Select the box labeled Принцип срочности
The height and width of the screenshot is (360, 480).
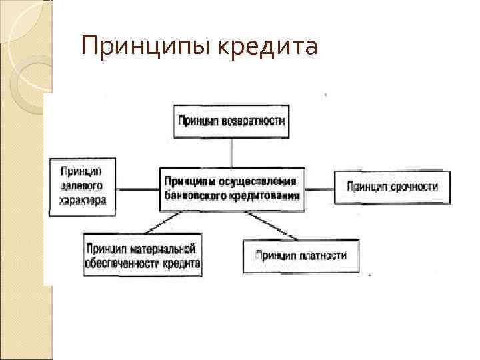391,187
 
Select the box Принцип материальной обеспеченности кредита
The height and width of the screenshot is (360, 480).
142,255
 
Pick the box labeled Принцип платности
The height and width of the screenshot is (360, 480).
301,255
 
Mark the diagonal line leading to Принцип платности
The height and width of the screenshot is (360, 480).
270,223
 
